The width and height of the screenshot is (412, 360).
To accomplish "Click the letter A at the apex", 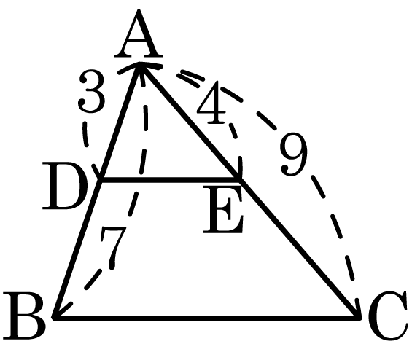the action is [139, 34].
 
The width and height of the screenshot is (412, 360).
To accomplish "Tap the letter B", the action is [24, 316].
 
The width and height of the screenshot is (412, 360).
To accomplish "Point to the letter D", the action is [65, 186].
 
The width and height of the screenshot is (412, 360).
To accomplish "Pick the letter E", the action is [223, 209].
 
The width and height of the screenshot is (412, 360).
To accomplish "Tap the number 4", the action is [211, 103].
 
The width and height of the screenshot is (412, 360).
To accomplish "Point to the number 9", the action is [294, 155].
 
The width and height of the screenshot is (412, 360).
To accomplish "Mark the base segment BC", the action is [206, 318].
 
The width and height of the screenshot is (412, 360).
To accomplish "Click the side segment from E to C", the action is [300, 249].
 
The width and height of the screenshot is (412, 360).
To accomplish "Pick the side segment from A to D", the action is [120, 122].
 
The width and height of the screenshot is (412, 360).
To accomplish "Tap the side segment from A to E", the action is [189, 122].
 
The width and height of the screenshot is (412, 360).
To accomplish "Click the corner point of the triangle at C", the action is [359, 318].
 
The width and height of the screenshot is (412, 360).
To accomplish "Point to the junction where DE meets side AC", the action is [238, 180].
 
